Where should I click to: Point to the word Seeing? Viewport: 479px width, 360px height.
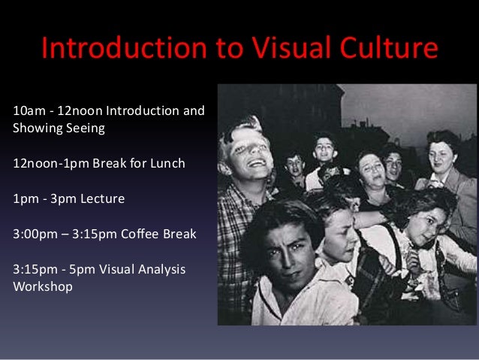(x=84, y=128)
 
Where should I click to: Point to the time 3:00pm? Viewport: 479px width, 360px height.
(x=35, y=234)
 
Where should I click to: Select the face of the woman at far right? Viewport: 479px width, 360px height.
(x=442, y=155)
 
